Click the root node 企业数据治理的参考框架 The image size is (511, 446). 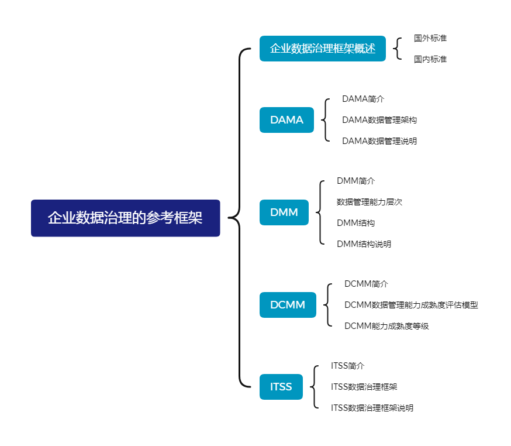[x=125, y=218]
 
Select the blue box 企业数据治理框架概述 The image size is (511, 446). [x=322, y=49]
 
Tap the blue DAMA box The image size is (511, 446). [x=286, y=120]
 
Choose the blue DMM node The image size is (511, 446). [x=284, y=212]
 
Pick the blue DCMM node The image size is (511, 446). [x=288, y=305]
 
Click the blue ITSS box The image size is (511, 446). [x=281, y=387]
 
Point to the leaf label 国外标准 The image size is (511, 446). [x=430, y=38]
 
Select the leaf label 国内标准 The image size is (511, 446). [x=430, y=59]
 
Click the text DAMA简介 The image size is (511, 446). [x=362, y=99]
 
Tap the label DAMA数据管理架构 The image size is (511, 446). [x=379, y=120]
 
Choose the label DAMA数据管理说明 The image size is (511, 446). [x=379, y=141]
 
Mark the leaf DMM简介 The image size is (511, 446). [x=355, y=181]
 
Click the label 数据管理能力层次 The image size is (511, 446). [x=369, y=202]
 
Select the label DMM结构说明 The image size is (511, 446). [x=364, y=244]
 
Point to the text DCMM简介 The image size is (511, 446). [x=366, y=284]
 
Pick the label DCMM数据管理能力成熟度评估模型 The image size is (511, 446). [x=410, y=305]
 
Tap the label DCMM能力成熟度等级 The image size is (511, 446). [x=386, y=326]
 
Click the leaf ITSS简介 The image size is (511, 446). [x=347, y=366]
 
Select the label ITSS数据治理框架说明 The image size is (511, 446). [x=372, y=408]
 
